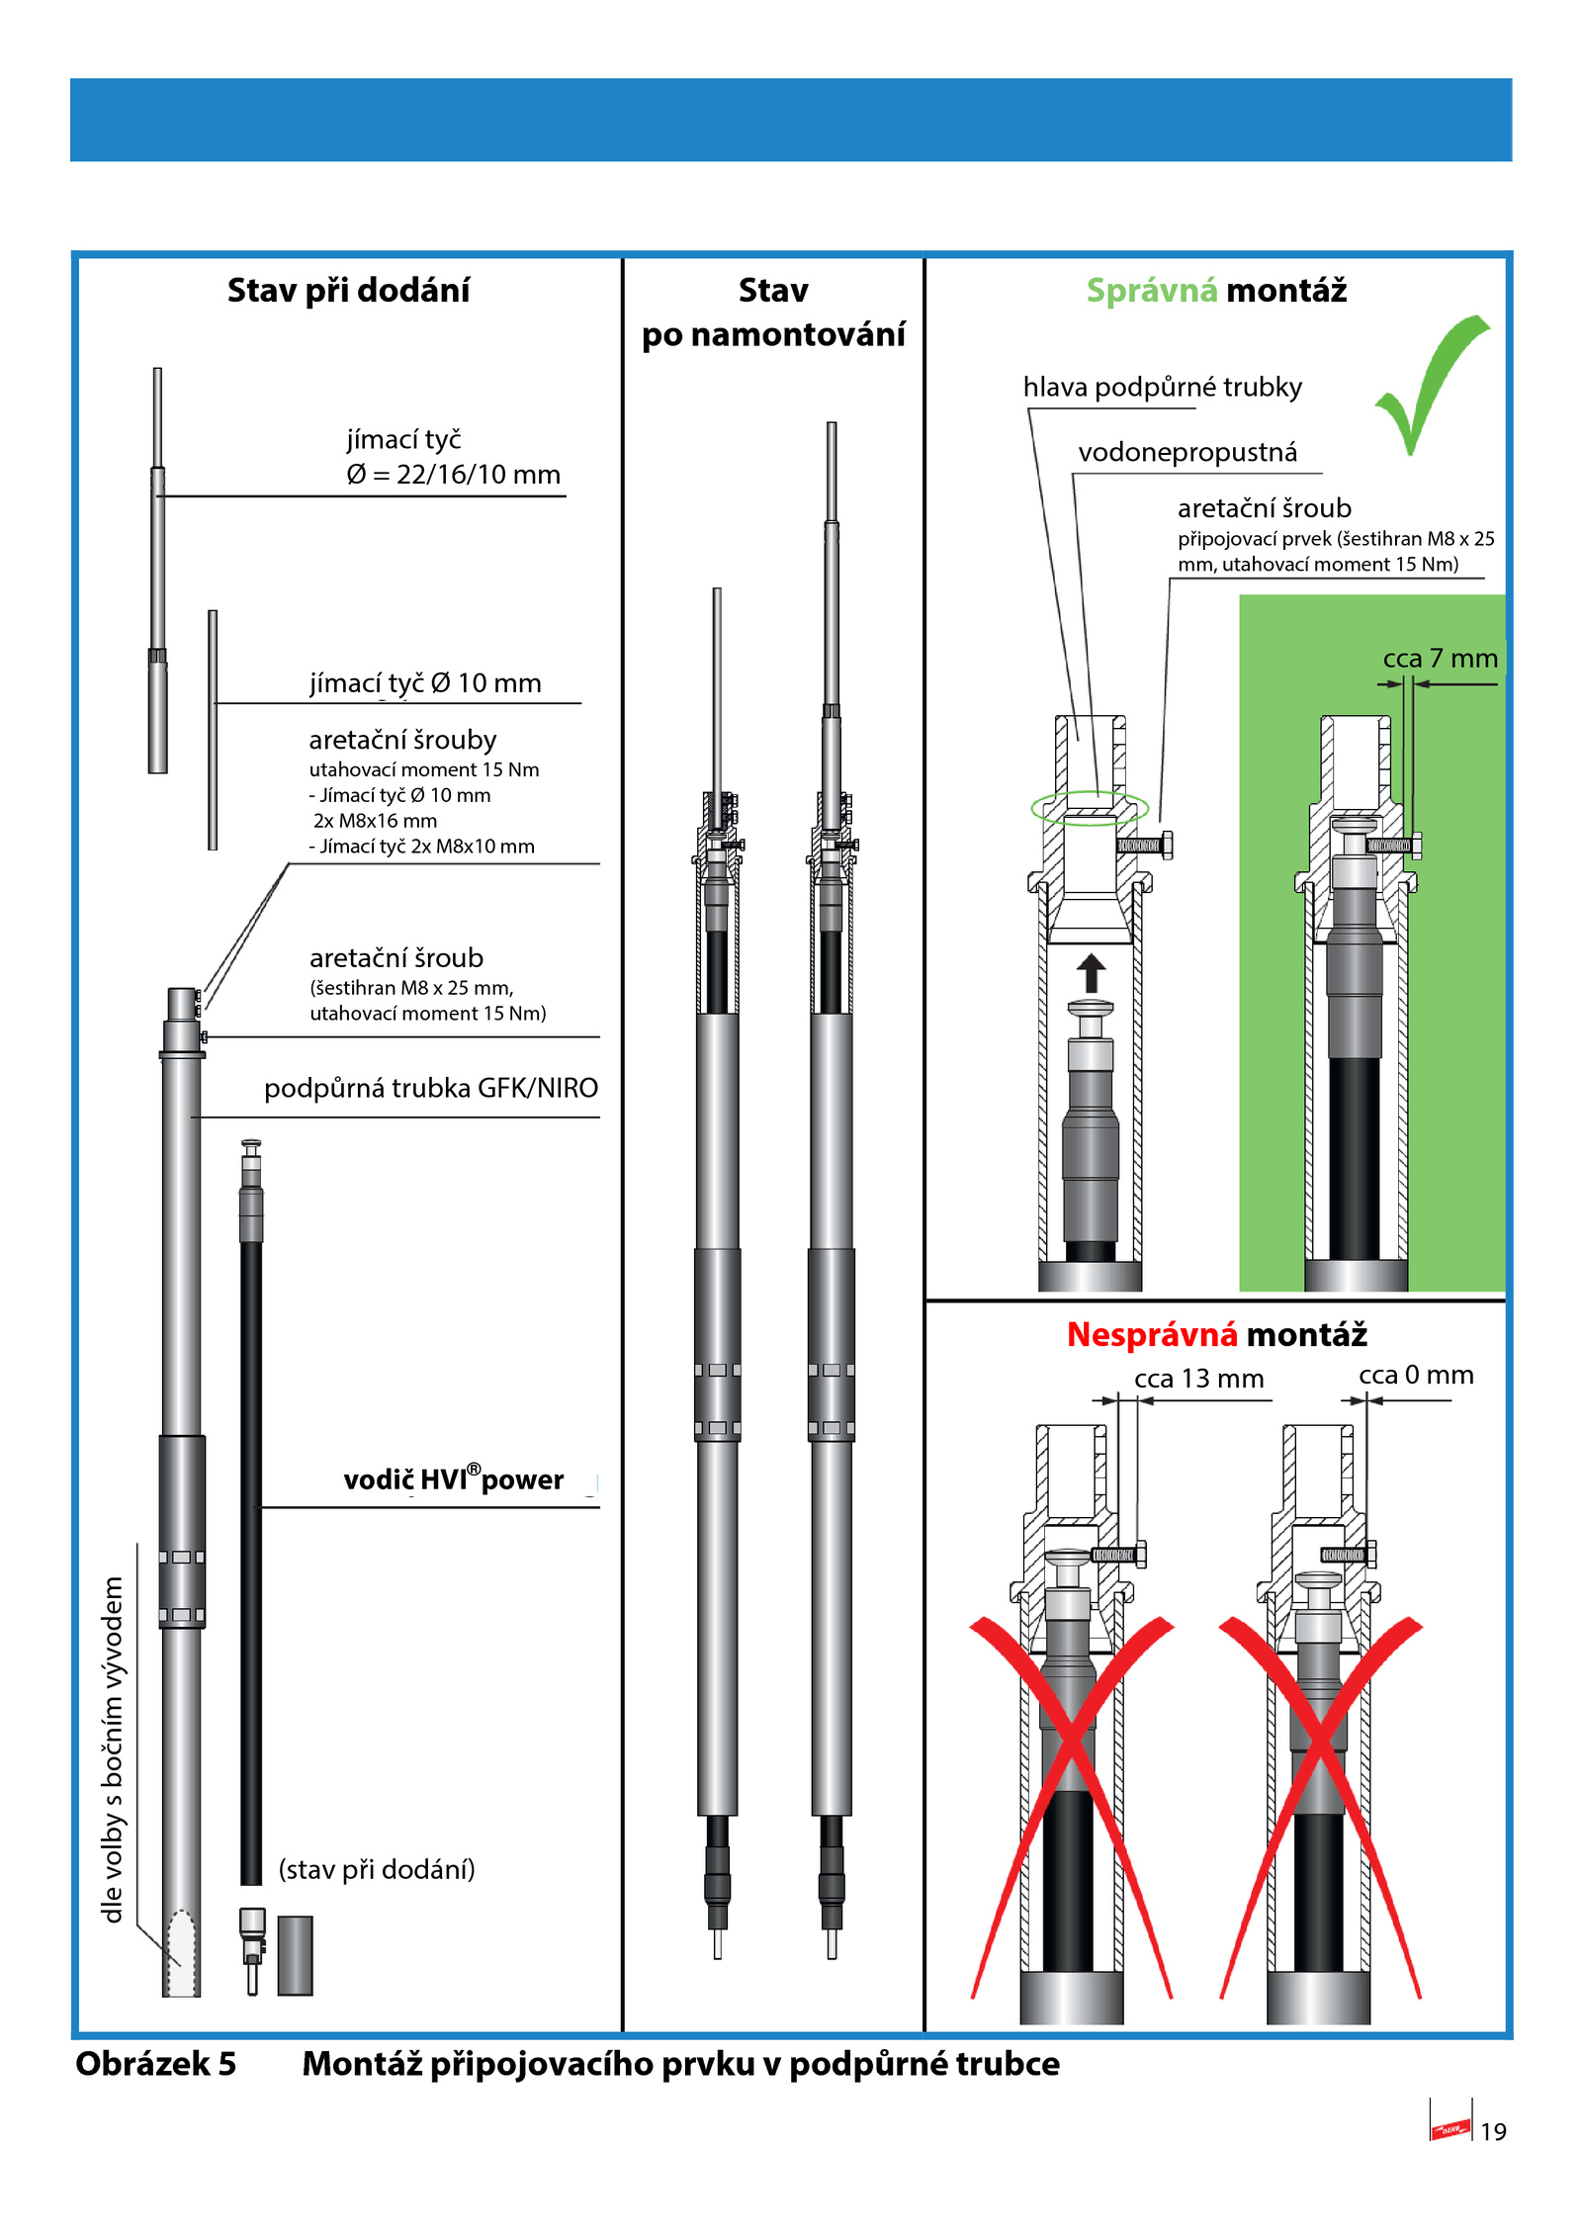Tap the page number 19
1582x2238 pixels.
[x=1492, y=2131]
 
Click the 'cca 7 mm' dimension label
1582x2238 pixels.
[x=1440, y=659]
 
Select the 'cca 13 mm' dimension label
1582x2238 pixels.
[x=1198, y=1379]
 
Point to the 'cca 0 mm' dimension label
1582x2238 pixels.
[x=1416, y=1375]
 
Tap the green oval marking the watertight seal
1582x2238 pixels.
[x=1090, y=808]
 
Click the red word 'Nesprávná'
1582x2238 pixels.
[x=1152, y=1335]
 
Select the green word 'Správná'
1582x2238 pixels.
[x=1152, y=291]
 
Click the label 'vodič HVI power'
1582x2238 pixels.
[x=453, y=1479]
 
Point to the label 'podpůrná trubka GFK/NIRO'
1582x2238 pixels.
[x=431, y=1088]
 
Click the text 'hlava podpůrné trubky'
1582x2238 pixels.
[x=1162, y=387]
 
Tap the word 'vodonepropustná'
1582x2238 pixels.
[x=1187, y=452]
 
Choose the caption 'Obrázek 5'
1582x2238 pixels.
[x=156, y=2064]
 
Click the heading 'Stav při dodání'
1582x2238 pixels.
[x=348, y=291]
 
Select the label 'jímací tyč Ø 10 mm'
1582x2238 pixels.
[x=425, y=683]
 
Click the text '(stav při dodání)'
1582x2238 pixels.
[x=377, y=1869]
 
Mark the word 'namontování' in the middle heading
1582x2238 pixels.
[x=798, y=335]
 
